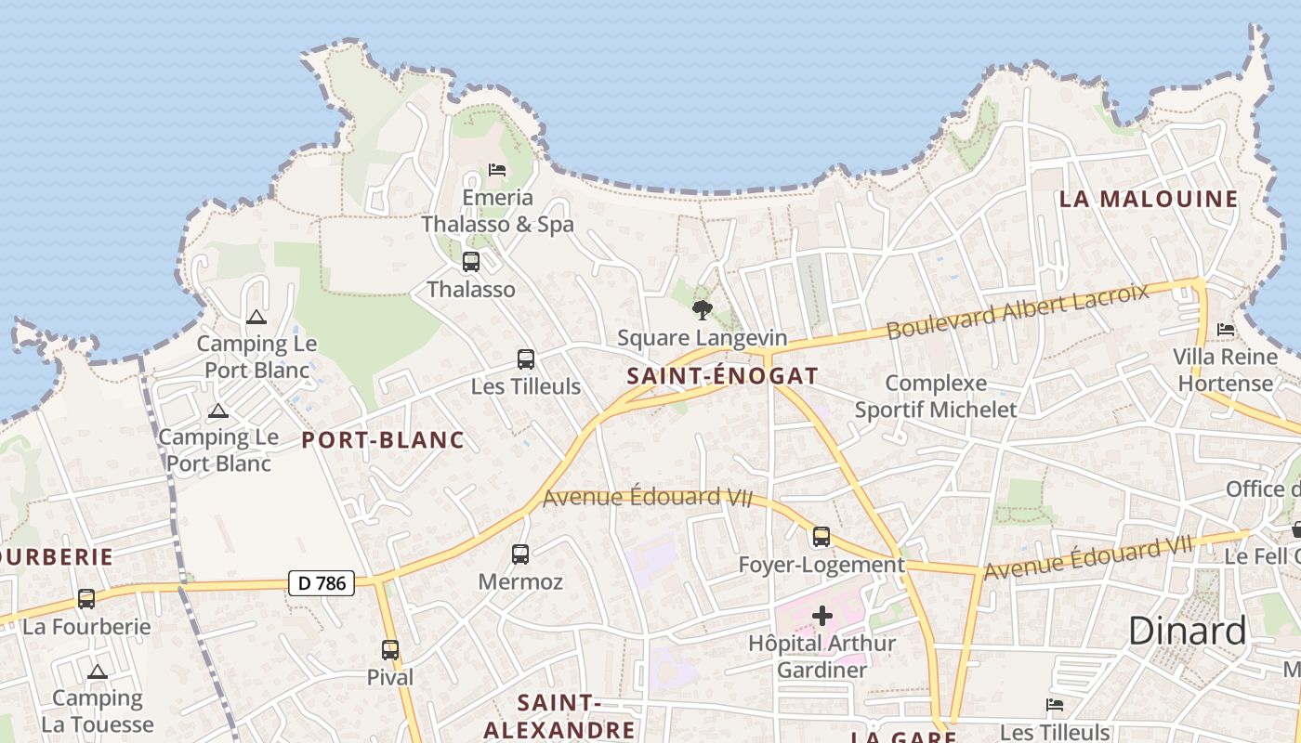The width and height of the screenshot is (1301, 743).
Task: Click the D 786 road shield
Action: (x=322, y=583)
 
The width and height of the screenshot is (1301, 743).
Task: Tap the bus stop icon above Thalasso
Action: (x=471, y=262)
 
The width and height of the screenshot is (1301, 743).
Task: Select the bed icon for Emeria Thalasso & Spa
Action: (x=497, y=170)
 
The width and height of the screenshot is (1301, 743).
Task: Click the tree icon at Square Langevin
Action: (x=703, y=310)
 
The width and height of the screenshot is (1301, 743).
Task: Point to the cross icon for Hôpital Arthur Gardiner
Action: (x=821, y=615)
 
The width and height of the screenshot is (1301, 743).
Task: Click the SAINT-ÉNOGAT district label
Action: (x=722, y=376)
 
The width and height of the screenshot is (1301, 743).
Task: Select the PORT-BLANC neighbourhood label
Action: (x=383, y=440)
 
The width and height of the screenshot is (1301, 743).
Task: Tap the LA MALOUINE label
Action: (x=1149, y=199)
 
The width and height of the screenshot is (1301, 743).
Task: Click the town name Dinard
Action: (x=1187, y=632)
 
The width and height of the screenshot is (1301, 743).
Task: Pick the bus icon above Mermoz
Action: (x=520, y=554)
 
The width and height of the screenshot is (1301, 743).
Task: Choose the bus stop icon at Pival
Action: (x=390, y=650)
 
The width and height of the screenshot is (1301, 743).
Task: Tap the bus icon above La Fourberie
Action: (x=86, y=599)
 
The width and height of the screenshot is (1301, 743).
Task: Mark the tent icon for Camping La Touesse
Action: (x=98, y=671)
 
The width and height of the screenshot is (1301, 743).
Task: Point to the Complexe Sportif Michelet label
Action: (x=936, y=396)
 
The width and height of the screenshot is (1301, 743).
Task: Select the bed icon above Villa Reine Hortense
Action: (x=1225, y=330)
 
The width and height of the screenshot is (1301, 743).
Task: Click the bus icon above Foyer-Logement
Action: (x=821, y=537)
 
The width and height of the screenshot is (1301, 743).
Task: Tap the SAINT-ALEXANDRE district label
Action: (x=559, y=716)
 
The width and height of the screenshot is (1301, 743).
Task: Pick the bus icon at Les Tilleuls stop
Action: (x=526, y=359)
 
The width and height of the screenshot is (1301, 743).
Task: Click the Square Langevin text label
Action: (x=702, y=338)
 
